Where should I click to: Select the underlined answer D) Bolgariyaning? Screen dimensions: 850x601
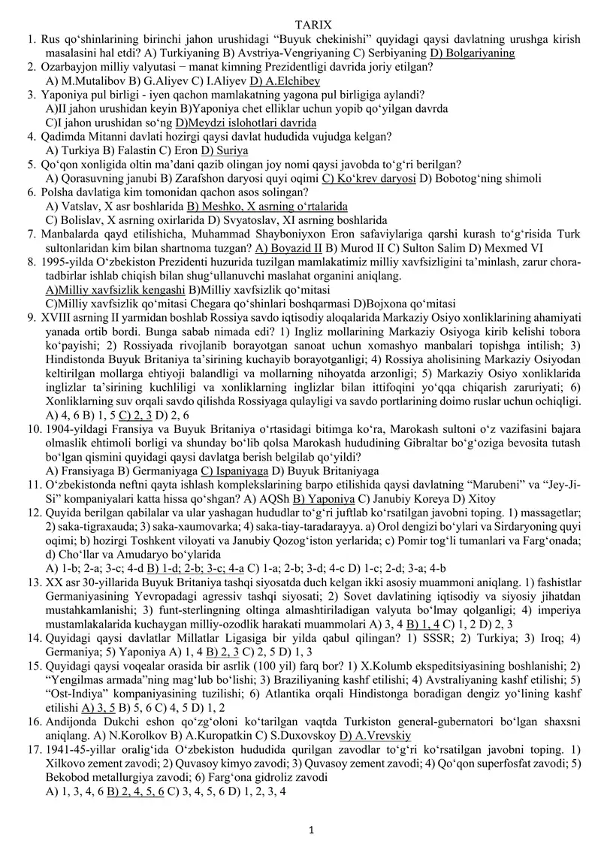tap(472, 53)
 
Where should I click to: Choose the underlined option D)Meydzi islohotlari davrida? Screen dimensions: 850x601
tap(246, 123)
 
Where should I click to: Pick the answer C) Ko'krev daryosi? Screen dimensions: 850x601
tap(369, 178)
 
